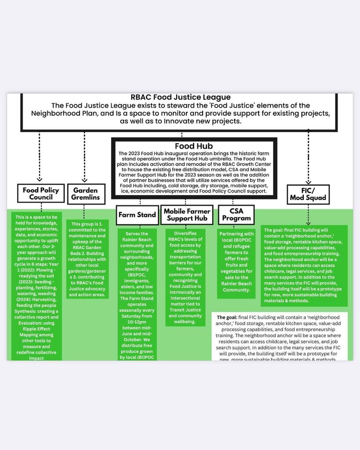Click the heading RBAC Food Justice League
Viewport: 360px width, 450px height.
tap(180, 97)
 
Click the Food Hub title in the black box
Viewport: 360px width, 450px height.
tap(193, 146)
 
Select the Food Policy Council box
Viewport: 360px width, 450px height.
tap(40, 194)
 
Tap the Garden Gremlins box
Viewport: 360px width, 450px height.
tap(86, 194)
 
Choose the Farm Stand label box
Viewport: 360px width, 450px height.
tap(137, 215)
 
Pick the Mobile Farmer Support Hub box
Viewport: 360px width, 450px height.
tap(186, 215)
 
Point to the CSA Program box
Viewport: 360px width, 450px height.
tap(236, 215)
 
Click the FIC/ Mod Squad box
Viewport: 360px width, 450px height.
tap(308, 194)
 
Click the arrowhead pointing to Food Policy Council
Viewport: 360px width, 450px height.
tap(40, 179)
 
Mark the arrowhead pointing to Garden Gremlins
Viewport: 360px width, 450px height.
tap(85, 179)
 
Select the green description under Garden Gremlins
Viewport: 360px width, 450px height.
tap(88, 259)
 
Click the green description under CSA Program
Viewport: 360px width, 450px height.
tap(236, 262)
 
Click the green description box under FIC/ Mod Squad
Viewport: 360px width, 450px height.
tap(304, 265)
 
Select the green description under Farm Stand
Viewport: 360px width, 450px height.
tap(137, 295)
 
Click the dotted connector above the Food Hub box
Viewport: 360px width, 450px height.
tap(182, 134)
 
